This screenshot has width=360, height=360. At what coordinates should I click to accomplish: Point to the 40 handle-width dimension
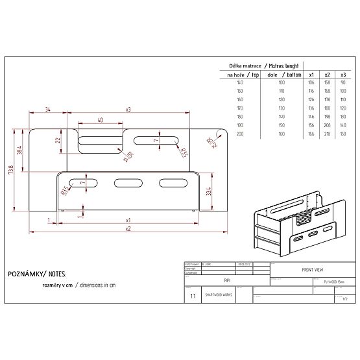point(99,120)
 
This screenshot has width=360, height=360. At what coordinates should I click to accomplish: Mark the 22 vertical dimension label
point(57,139)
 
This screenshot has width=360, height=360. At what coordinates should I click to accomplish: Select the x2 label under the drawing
point(128,228)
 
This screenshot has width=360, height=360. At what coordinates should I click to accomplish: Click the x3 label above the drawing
point(128,110)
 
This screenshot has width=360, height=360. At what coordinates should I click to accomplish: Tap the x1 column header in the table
point(311,75)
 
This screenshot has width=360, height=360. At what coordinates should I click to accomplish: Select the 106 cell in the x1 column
point(311,82)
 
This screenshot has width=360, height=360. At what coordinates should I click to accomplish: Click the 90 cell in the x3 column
point(343,82)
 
